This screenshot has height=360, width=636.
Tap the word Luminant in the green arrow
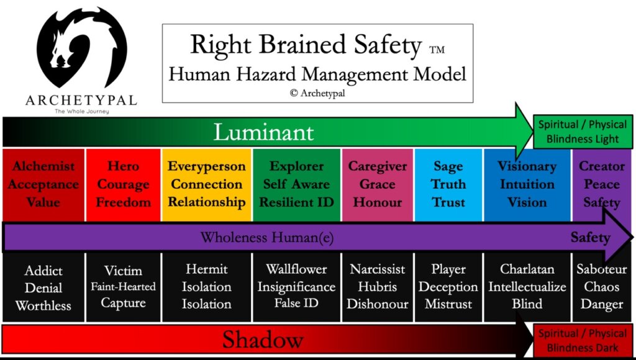(x=263, y=132)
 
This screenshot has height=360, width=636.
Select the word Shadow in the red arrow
(x=263, y=340)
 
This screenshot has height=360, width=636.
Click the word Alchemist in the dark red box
(x=43, y=166)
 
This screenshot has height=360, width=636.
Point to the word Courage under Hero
(x=124, y=184)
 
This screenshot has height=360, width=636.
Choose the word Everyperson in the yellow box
(x=206, y=166)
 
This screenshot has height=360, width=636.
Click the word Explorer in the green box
(x=296, y=166)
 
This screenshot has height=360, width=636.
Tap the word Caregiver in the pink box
(x=377, y=166)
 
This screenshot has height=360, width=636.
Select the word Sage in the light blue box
(x=448, y=166)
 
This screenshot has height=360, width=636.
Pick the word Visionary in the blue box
(x=527, y=166)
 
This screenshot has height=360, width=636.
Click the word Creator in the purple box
(x=601, y=166)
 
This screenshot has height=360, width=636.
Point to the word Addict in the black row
(x=43, y=270)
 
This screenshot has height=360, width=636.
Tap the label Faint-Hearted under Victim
(x=123, y=287)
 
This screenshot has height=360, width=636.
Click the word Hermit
(x=206, y=269)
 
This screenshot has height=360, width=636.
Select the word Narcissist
(x=377, y=269)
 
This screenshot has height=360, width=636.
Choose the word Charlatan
(x=527, y=269)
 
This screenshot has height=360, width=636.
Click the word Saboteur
(x=601, y=269)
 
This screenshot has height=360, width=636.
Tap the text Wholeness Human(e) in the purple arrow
(x=267, y=237)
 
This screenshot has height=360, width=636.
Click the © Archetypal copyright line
(x=317, y=93)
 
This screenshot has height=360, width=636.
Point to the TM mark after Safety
(x=437, y=50)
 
